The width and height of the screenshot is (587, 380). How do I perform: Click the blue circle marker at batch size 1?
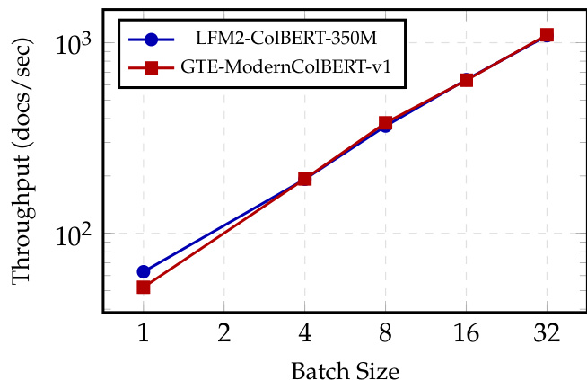144,271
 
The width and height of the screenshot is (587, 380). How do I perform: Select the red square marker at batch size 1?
144,287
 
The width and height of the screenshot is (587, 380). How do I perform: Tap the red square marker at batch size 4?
305,179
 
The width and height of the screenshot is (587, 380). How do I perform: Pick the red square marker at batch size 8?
385,122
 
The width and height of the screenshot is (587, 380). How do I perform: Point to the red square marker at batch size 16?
466,80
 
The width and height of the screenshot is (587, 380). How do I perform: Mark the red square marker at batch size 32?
547,35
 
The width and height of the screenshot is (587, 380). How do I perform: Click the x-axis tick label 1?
144,334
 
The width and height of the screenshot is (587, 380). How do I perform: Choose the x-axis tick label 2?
224,334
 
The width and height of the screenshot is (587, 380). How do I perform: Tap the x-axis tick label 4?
305,334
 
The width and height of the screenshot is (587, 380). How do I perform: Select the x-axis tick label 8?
385,334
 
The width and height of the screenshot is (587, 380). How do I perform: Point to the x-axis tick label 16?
466,334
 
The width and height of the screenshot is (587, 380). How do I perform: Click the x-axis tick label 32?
547,334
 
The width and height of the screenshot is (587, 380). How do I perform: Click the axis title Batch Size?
345,368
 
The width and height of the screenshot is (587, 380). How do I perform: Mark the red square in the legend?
151,67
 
